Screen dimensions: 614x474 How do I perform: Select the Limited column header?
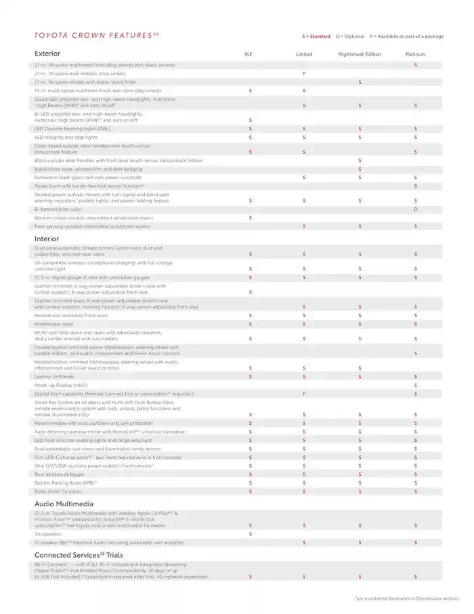(x=304, y=54)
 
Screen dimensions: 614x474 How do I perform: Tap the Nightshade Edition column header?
(x=360, y=54)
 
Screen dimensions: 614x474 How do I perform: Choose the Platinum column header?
(x=415, y=54)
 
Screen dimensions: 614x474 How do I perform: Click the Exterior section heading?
(x=47, y=53)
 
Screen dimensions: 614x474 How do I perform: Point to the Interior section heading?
(x=47, y=239)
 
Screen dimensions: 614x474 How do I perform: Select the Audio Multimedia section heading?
(x=64, y=504)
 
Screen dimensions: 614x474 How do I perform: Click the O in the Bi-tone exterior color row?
(x=415, y=209)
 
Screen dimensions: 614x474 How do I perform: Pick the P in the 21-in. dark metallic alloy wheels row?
(x=304, y=73)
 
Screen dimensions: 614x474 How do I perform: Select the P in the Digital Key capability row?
(x=304, y=394)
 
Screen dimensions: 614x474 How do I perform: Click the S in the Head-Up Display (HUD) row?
(x=415, y=385)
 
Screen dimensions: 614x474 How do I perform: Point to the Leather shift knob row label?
(x=54, y=377)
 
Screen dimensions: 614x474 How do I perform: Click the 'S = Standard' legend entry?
(x=316, y=36)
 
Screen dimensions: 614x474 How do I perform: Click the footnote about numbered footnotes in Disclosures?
(x=406, y=598)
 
